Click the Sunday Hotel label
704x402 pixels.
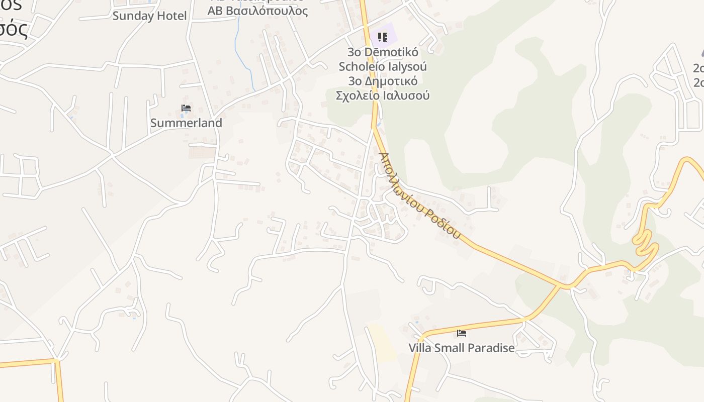[149, 16]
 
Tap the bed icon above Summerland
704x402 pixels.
[186, 108]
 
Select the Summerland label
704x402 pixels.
[186, 123]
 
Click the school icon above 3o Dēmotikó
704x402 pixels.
[383, 37]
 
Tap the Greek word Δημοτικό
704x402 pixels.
[391, 81]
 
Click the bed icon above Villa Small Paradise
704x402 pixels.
[462, 333]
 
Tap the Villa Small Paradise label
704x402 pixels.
[462, 348]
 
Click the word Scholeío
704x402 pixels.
[360, 66]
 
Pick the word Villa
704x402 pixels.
[420, 348]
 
